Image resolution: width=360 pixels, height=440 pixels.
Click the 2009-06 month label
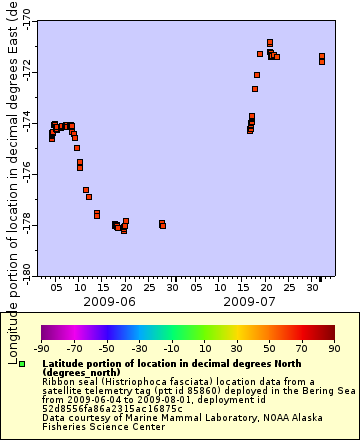pyautogui.click(x=109, y=300)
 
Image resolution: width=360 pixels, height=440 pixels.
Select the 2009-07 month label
pyautogui.click(x=249, y=300)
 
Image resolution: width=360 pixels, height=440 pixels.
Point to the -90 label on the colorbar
pyautogui.click(x=41, y=349)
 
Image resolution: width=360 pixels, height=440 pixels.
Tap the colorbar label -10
pyautogui.click(x=170, y=349)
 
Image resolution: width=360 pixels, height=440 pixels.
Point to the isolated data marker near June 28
pyautogui.click(x=162, y=224)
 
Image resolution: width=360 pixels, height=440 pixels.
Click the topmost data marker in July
pyautogui.click(x=270, y=42)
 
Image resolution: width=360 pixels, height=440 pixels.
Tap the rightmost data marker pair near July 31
pyautogui.click(x=321, y=58)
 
